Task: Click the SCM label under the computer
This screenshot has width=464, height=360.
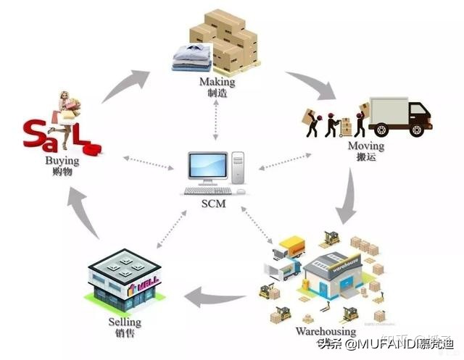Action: (x=215, y=204)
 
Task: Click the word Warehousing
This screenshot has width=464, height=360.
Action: (x=325, y=332)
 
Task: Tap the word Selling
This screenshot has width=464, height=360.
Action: (x=125, y=322)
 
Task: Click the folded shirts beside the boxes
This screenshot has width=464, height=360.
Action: (x=192, y=56)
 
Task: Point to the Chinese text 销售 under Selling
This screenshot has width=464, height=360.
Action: (x=125, y=333)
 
